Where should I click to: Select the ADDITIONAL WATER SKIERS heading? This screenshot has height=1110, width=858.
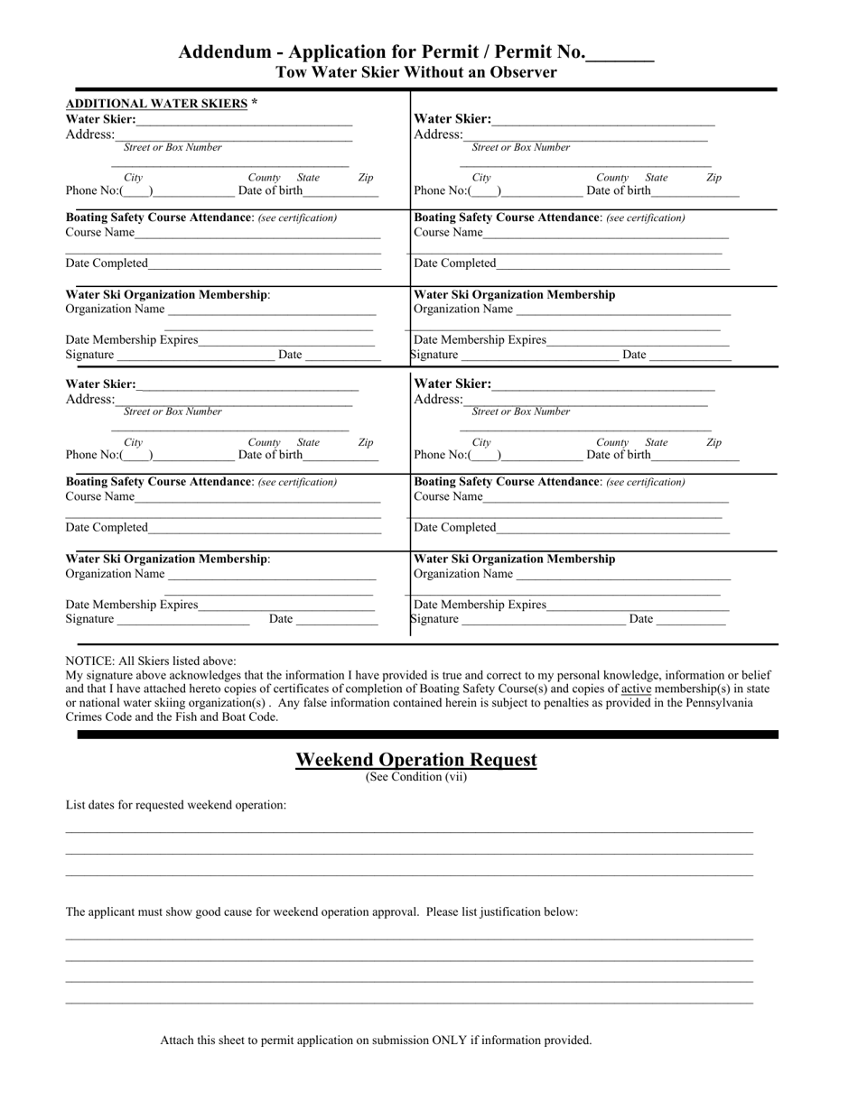(156, 103)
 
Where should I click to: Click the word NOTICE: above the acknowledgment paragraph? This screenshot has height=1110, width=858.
(90, 661)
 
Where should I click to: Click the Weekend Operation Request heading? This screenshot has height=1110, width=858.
(416, 760)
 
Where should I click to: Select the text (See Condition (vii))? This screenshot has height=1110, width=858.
(416, 776)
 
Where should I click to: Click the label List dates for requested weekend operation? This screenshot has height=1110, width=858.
(176, 805)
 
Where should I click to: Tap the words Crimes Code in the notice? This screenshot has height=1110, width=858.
(98, 717)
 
